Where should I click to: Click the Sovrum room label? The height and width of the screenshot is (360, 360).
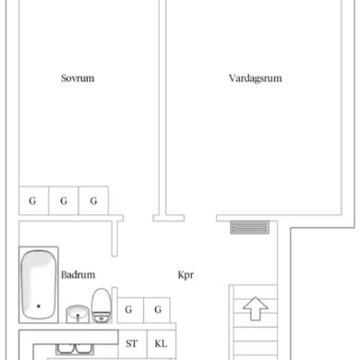[x=78, y=78]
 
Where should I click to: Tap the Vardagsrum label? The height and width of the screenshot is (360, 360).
[x=256, y=78]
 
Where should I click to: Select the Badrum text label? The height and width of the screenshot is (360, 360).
[x=78, y=274]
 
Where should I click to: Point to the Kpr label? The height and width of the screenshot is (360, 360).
[x=186, y=275]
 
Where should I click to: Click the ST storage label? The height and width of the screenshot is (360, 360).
[x=131, y=343]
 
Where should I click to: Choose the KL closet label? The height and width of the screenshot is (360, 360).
[x=161, y=343]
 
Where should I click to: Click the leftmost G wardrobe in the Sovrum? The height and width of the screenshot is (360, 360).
[x=33, y=200]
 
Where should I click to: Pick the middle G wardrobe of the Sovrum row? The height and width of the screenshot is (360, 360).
[x=64, y=200]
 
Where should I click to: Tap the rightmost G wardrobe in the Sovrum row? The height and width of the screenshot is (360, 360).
[x=93, y=200]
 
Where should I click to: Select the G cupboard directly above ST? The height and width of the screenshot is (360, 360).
[x=130, y=310]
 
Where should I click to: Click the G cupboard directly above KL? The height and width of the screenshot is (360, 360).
[x=157, y=310]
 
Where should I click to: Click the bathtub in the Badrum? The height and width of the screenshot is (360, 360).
[x=39, y=284]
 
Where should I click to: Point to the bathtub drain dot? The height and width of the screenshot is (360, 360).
[x=39, y=306]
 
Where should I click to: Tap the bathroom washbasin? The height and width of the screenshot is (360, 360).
[x=78, y=314]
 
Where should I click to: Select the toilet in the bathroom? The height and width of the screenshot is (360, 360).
[x=102, y=306]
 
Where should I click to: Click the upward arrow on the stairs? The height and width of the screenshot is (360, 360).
[x=256, y=308]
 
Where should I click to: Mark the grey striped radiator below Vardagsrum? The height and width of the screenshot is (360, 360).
[x=249, y=227]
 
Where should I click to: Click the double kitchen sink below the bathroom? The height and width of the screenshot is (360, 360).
[x=75, y=349]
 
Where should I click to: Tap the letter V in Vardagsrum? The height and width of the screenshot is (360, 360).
[x=233, y=78]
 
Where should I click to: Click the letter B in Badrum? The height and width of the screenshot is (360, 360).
[x=64, y=274]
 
